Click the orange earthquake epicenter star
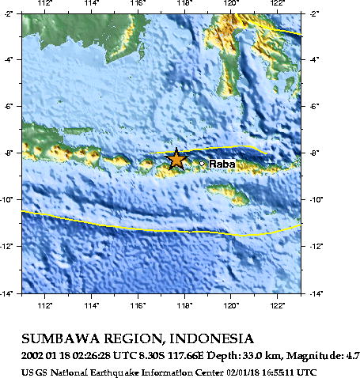point(176,159)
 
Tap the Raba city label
point(220,164)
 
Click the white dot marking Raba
point(203,164)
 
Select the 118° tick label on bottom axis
point(185,304)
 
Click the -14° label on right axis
point(316,293)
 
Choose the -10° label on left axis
point(7,200)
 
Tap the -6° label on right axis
point(314,107)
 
